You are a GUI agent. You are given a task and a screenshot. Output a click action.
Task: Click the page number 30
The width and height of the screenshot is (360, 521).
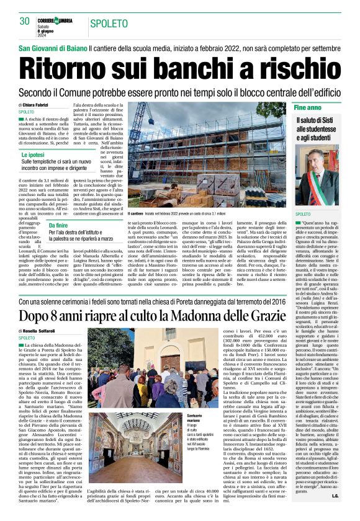(24, 21)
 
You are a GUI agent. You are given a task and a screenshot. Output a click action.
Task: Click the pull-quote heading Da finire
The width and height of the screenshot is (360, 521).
(61, 226)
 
